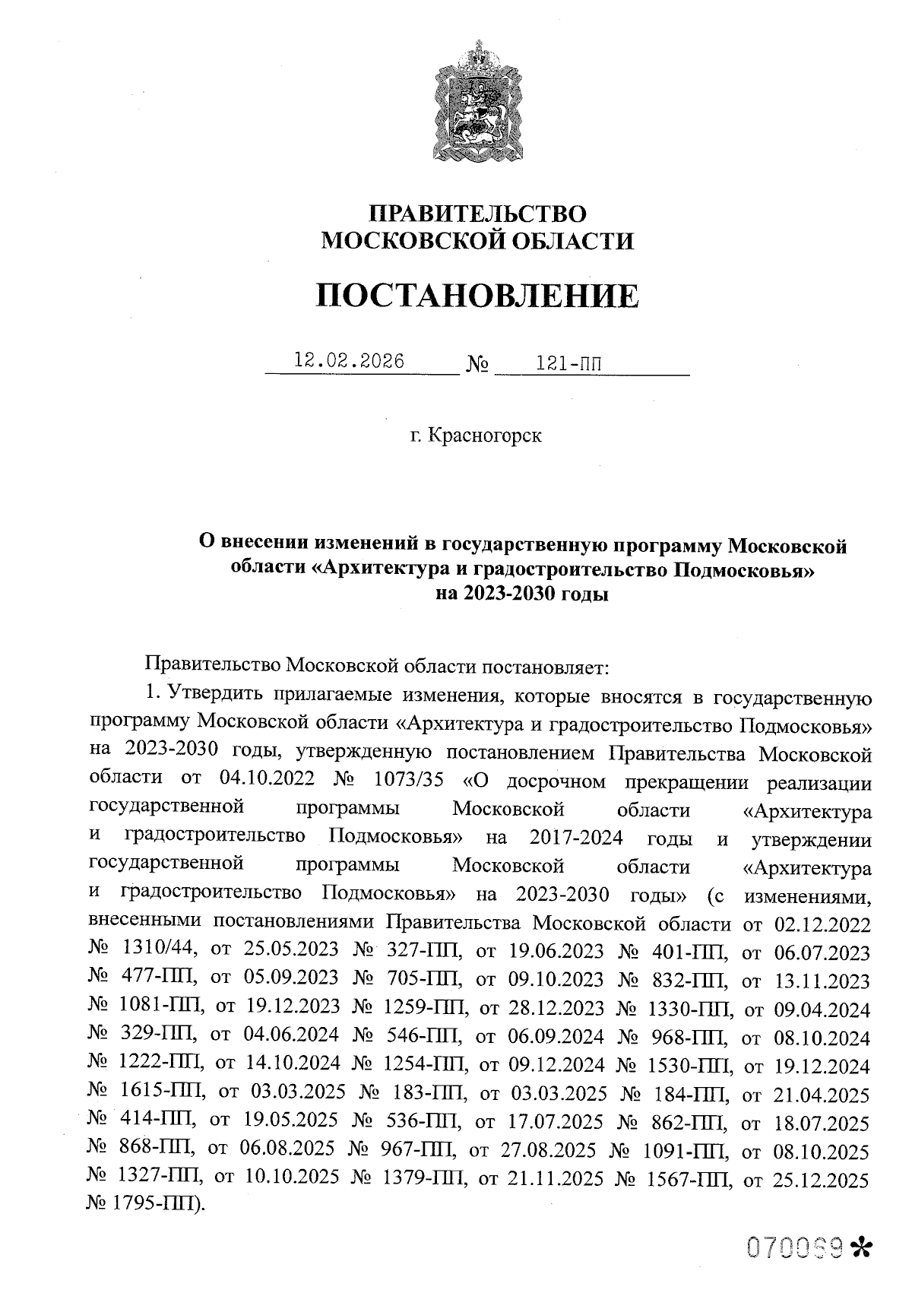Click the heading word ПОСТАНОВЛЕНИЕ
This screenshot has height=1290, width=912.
tap(477, 296)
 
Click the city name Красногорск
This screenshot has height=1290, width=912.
tap(485, 436)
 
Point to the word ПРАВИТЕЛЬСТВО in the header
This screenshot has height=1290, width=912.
tap(477, 214)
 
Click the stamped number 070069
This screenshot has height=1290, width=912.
tap(796, 1247)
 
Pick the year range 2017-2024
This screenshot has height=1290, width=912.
tap(577, 838)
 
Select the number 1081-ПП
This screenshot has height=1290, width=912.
tap(161, 1008)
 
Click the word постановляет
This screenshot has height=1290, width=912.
tap(546, 668)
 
